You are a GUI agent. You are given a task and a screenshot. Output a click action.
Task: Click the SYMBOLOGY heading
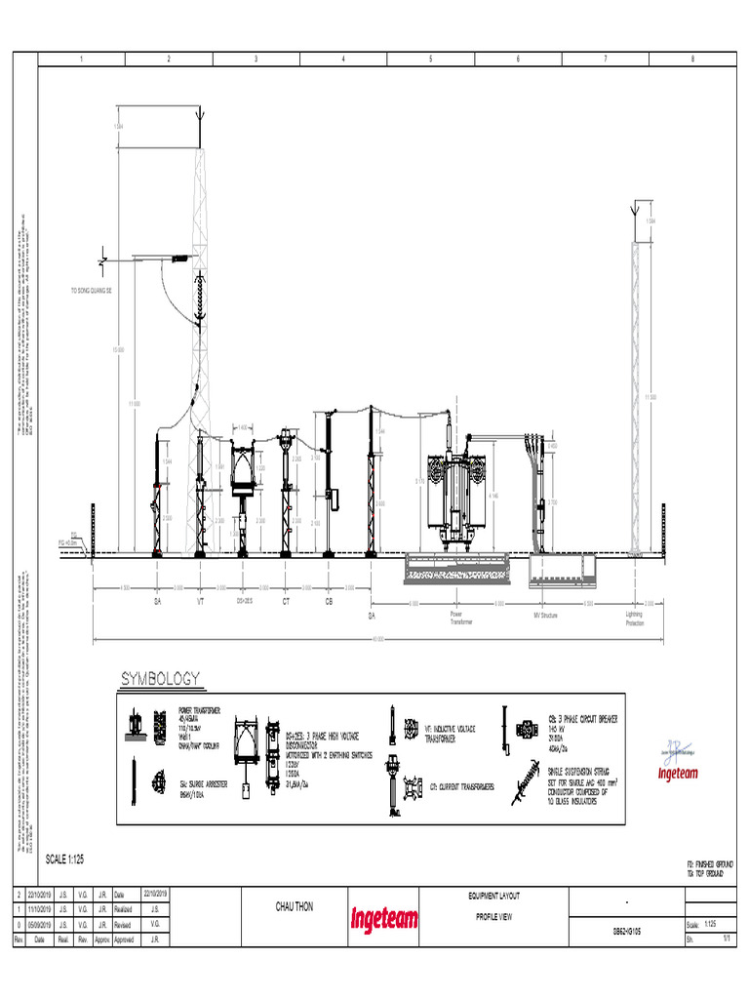[x=161, y=677]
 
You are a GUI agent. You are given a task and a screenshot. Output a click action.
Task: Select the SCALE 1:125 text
[x=71, y=859]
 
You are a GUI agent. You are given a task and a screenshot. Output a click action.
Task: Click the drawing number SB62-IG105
[x=626, y=931]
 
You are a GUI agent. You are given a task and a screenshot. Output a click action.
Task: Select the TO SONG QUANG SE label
[x=90, y=292]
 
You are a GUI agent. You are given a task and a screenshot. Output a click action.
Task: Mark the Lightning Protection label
[x=635, y=618]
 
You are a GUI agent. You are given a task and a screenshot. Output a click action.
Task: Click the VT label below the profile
[x=201, y=602]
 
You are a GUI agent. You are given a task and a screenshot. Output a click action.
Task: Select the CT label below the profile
[x=286, y=602]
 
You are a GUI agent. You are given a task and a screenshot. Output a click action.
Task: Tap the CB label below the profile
[x=329, y=602]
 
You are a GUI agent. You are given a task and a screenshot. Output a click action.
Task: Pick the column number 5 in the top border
[x=430, y=60]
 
